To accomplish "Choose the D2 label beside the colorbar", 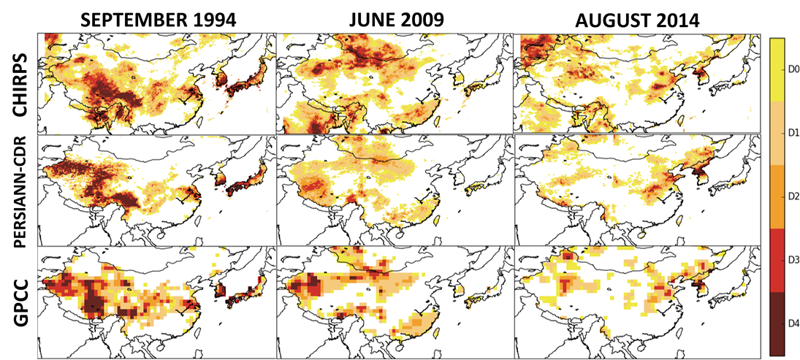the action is pyautogui.click(x=790, y=196).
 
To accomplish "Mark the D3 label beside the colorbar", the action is pyautogui.click(x=790, y=260).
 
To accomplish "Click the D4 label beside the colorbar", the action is pyautogui.click(x=790, y=323).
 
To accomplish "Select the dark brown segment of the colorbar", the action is pyautogui.click(x=775, y=323).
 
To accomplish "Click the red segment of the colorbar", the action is pyautogui.click(x=775, y=260).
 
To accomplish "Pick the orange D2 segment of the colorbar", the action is pyautogui.click(x=775, y=196).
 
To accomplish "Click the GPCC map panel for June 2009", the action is pyautogui.click(x=395, y=302).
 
